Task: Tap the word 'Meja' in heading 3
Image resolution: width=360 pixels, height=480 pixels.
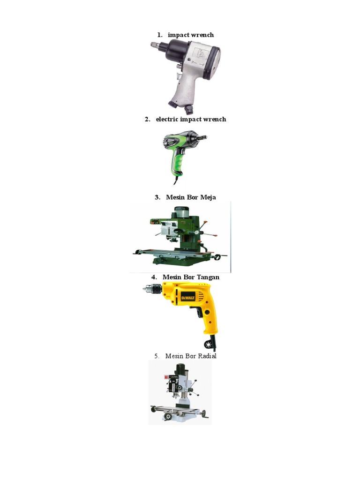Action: pyautogui.click(x=208, y=197)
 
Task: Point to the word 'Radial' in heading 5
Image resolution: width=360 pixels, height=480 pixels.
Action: pyautogui.click(x=204, y=356)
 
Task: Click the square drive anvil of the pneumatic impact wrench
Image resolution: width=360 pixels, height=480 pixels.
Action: pyautogui.click(x=153, y=44)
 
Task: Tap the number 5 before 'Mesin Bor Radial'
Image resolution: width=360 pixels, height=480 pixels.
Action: pyautogui.click(x=157, y=356)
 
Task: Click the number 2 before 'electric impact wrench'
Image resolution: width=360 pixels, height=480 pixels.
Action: pyautogui.click(x=147, y=119)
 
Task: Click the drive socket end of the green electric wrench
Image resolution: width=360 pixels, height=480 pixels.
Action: pyautogui.click(x=203, y=137)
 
